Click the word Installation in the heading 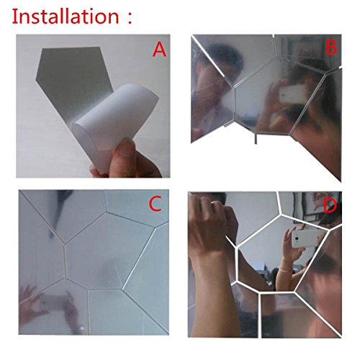click(66, 16)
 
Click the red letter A click(159, 50)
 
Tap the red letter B click(331, 48)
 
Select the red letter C click(155, 204)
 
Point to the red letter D click(330, 206)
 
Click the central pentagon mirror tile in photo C click(108, 251)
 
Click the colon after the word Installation click(130, 17)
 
